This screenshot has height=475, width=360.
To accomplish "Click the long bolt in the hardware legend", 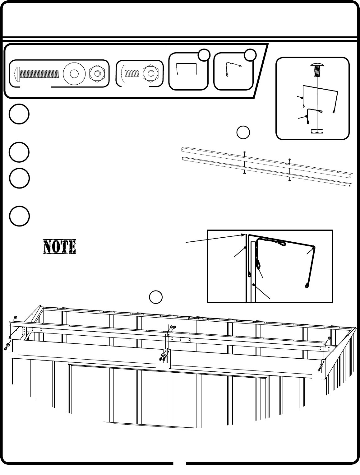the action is coord(37,74).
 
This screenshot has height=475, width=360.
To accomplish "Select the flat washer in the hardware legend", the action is coord(74,74).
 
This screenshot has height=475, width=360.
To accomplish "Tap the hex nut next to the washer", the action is coord(96,74).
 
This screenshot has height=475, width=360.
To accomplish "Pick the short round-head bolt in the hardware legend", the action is coord(129,74).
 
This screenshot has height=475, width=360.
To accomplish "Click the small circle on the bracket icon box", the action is coord(204,55).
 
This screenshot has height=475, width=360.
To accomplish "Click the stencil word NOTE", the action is coord(59,246).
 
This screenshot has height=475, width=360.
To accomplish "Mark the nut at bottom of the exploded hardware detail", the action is coord(317,131).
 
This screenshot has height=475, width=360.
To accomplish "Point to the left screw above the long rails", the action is coord(245,152).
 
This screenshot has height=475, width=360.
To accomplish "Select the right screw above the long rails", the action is coord(290,159).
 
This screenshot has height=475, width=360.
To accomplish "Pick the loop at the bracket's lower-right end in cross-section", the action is coord(307,284).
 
